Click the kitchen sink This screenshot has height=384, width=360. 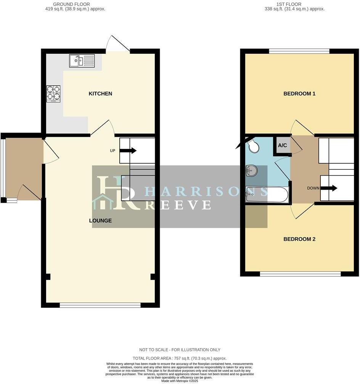[82, 61]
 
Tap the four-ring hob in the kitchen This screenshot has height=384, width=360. [53, 94]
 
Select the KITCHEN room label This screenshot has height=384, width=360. [100, 94]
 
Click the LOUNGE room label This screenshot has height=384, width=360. [100, 221]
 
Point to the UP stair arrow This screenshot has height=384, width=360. [128, 150]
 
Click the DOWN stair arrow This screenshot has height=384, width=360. [329, 188]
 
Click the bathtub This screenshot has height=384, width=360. [267, 195]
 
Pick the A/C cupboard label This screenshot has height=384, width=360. [282, 146]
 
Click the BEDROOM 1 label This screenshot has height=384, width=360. [299, 94]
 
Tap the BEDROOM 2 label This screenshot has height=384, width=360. [299, 239]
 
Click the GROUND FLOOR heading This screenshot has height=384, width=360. [72, 4]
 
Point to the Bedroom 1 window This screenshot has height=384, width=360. [299, 51]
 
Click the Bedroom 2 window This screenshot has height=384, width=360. [300, 274]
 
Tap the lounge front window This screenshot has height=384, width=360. [100, 305]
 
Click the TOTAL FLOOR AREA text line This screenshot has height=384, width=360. [180, 358]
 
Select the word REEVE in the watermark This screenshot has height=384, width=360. [179, 205]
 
